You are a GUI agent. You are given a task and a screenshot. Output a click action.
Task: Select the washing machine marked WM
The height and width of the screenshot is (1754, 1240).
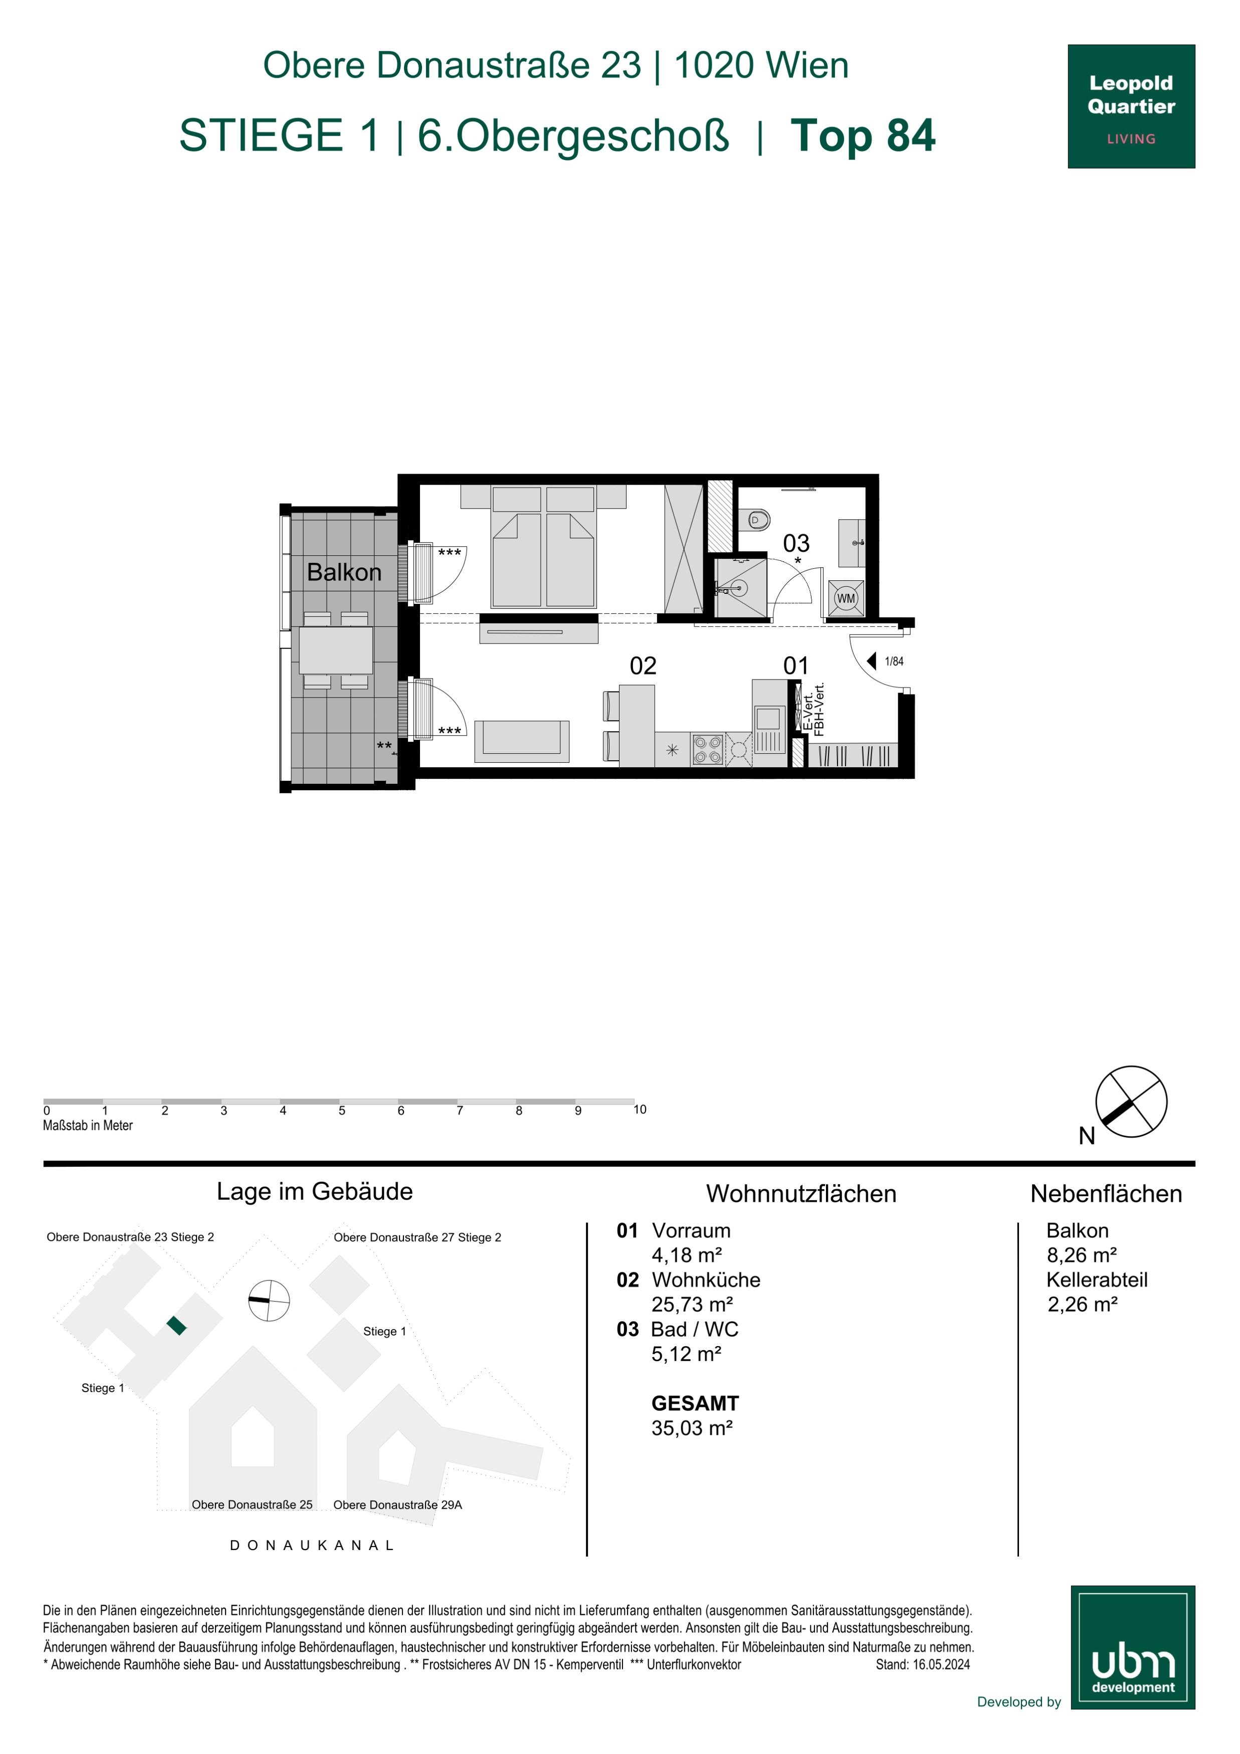[x=846, y=598]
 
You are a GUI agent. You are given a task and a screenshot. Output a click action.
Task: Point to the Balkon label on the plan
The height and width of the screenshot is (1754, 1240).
[x=344, y=572]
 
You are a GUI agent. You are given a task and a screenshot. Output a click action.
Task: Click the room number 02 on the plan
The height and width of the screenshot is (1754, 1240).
[x=643, y=666]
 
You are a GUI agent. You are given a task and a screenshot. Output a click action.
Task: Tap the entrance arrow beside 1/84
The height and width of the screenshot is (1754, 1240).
[x=871, y=661]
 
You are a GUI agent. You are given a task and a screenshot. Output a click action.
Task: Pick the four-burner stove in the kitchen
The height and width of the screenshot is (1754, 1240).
[x=708, y=749]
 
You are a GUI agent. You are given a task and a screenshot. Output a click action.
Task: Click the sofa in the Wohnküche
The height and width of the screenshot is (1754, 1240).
[x=522, y=741]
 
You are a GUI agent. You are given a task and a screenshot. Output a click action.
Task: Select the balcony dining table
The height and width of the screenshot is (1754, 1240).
[x=335, y=650]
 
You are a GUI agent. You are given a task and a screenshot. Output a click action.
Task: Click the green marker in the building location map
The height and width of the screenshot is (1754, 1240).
[x=176, y=1326]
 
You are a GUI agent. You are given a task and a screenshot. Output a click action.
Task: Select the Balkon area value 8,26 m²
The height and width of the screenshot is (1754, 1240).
[x=1081, y=1255]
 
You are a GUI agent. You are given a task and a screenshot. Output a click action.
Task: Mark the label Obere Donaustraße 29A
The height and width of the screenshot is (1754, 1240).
[x=397, y=1505]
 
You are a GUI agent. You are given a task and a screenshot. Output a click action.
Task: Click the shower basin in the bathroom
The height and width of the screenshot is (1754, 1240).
[x=740, y=587]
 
